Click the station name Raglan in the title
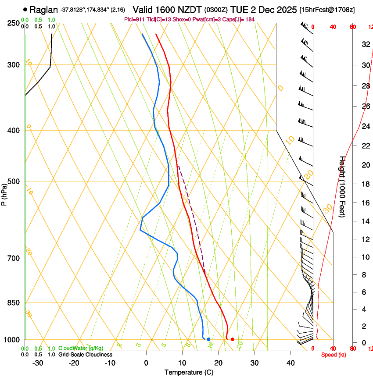[x=43, y=9]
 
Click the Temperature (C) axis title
[x=189, y=373]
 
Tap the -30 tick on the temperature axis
[x=38, y=363]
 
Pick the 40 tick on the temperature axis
[x=290, y=363]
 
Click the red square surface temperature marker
[x=232, y=339]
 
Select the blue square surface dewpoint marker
[x=208, y=339]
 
